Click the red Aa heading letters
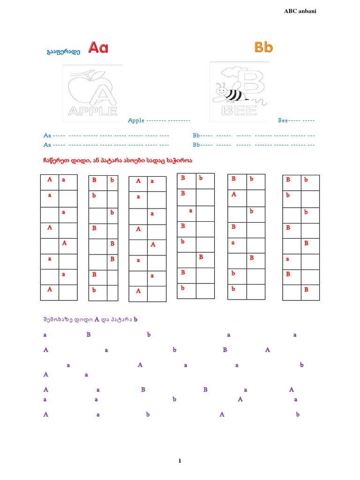point(98,48)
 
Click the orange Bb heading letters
point(263,47)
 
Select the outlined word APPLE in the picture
point(92,111)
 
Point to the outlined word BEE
point(239,111)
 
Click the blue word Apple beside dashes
point(136,120)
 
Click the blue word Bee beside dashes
point(283,120)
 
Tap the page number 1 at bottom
point(180,461)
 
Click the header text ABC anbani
point(300,11)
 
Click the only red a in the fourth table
point(191,210)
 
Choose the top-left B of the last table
point(288,180)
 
